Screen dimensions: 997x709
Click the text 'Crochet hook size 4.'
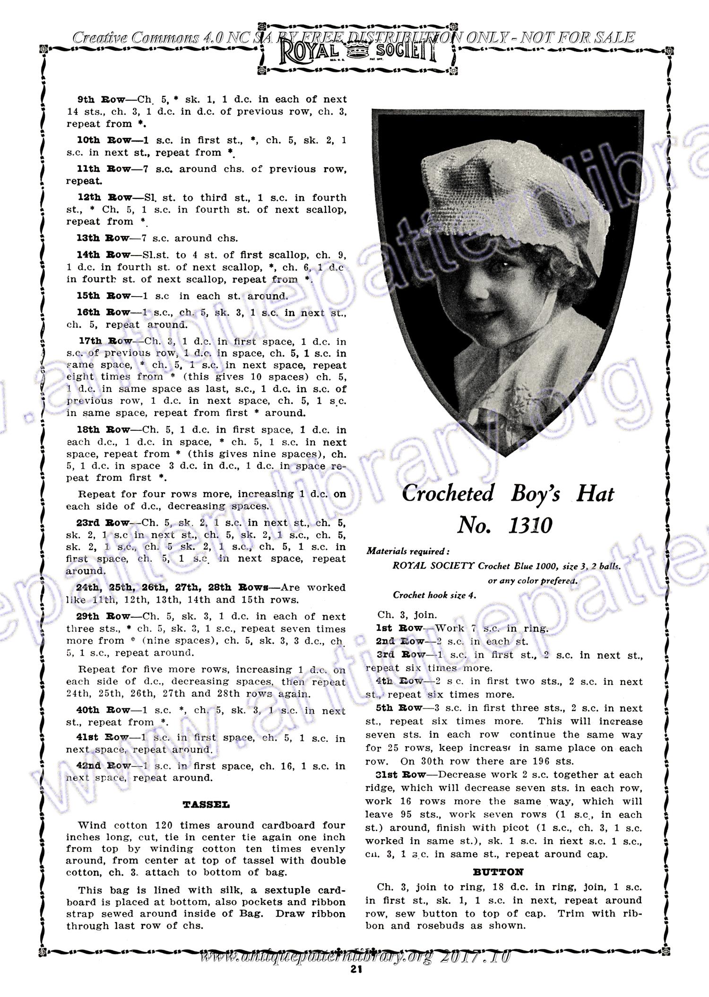coord(434,595)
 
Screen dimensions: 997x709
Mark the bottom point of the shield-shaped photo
coord(506,457)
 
